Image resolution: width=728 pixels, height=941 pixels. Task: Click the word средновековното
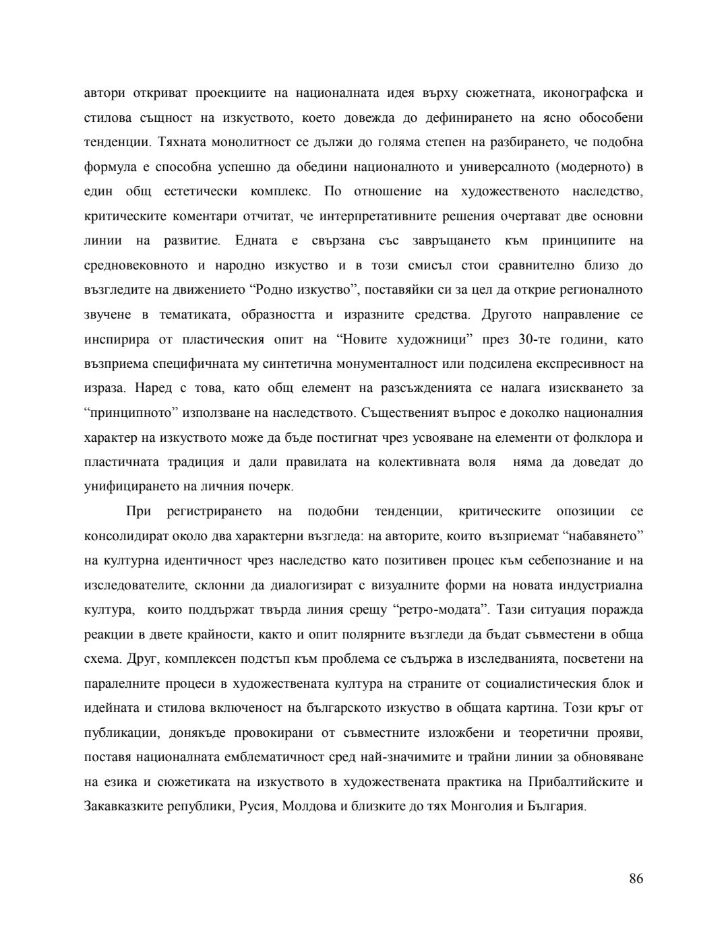[x=135, y=265]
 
